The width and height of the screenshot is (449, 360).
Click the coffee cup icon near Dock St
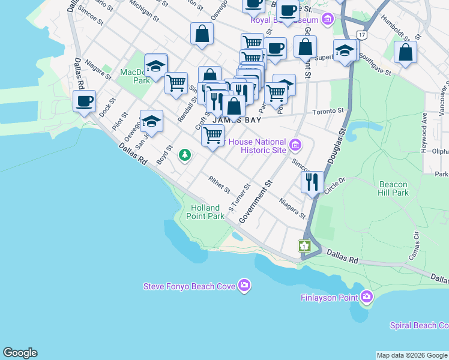coord(85,101)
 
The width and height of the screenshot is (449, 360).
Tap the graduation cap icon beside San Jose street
coord(152,121)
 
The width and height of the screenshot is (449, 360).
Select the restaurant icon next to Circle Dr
coord(312,182)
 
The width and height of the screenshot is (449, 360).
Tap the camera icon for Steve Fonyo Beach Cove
coord(244,286)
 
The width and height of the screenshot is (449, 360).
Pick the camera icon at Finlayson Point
coord(367,297)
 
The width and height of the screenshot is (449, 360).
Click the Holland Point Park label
coord(207,212)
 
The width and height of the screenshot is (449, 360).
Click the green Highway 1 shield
coord(305,246)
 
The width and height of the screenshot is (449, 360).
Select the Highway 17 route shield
coord(361,35)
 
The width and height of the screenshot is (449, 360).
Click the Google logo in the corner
coord(20,353)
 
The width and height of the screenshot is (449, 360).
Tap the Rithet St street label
coord(219,184)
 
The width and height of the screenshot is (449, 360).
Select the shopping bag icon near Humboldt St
coord(406,52)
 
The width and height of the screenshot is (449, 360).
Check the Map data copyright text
coord(412,355)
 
